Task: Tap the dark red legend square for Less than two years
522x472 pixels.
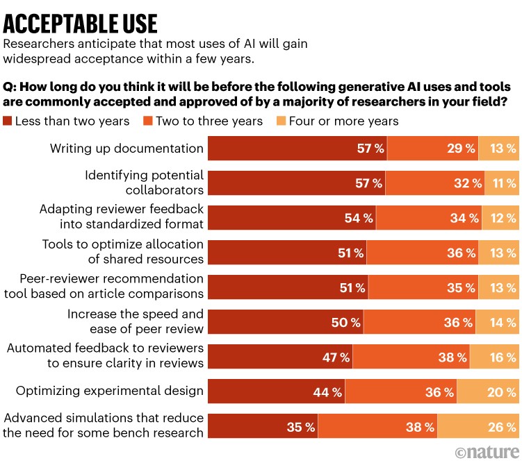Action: tap(8, 121)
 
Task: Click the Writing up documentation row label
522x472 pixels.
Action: tap(127, 149)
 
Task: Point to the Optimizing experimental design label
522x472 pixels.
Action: tap(110, 391)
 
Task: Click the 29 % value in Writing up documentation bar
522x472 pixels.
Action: tap(461, 149)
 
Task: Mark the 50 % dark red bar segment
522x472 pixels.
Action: tap(286, 322)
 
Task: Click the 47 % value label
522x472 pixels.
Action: tap(336, 357)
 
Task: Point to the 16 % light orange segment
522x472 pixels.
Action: tap(494, 357)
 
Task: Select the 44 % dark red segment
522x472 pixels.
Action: tap(277, 392)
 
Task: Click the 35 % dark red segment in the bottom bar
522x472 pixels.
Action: tap(263, 427)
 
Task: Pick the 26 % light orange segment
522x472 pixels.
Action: tap(478, 427)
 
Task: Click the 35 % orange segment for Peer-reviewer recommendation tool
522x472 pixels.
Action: tap(423, 287)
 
